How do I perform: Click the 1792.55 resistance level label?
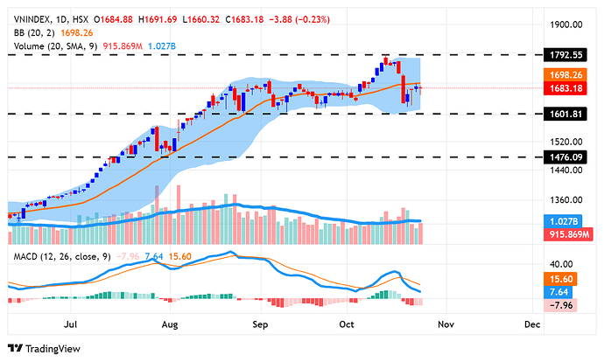572,54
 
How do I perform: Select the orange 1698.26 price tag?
572,75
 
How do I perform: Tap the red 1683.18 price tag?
572,87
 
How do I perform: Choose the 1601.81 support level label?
572,114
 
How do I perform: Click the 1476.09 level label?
572,157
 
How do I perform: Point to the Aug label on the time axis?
170,324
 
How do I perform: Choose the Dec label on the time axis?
530,324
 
